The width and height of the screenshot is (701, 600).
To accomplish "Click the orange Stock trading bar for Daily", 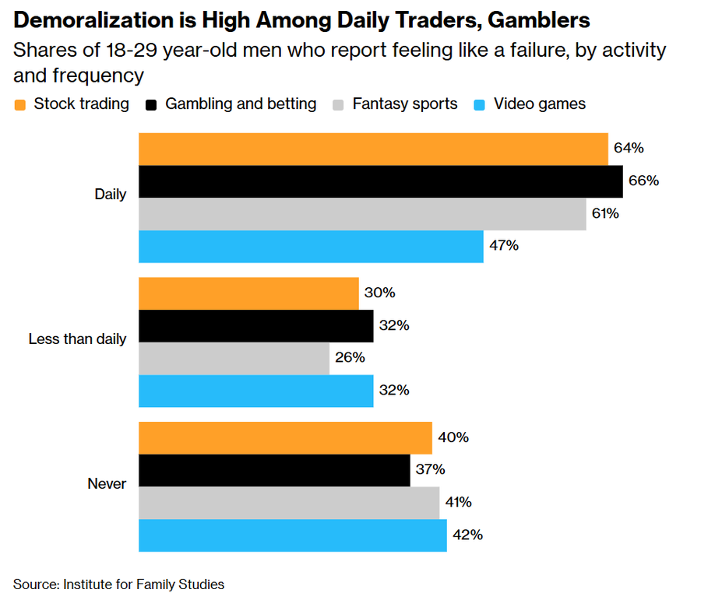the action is click(x=373, y=149).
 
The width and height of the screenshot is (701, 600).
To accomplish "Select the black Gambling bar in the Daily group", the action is click(x=381, y=181).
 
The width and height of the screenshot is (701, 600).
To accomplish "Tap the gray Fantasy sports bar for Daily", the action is click(x=362, y=214).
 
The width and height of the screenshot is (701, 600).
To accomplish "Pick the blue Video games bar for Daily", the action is click(x=311, y=247).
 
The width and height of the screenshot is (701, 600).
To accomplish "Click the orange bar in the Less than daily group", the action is click(x=248, y=293).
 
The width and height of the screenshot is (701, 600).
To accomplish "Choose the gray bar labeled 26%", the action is click(x=234, y=358).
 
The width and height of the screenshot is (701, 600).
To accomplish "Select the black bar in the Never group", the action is click(x=274, y=471).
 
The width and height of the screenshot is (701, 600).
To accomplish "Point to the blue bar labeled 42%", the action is click(x=293, y=535).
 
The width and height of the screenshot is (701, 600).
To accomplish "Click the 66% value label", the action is click(x=644, y=181).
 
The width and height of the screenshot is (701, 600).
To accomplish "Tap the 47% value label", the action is click(x=504, y=245).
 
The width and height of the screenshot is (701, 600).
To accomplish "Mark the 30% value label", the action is click(x=379, y=293).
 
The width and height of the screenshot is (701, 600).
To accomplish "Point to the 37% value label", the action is click(x=430, y=469).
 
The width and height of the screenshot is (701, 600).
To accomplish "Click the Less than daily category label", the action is click(x=77, y=339).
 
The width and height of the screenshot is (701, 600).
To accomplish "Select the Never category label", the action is click(x=107, y=483).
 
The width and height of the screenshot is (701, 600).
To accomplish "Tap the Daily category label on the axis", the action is click(x=111, y=195).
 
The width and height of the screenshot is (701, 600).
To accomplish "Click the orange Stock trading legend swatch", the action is click(x=19, y=105).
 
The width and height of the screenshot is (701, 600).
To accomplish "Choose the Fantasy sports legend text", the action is click(x=405, y=104).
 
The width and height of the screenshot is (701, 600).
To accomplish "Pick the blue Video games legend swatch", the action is click(x=479, y=105).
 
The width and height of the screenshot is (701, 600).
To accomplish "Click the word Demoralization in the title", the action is click(x=93, y=20).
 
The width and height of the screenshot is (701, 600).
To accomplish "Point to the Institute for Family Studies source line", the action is click(x=143, y=584).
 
